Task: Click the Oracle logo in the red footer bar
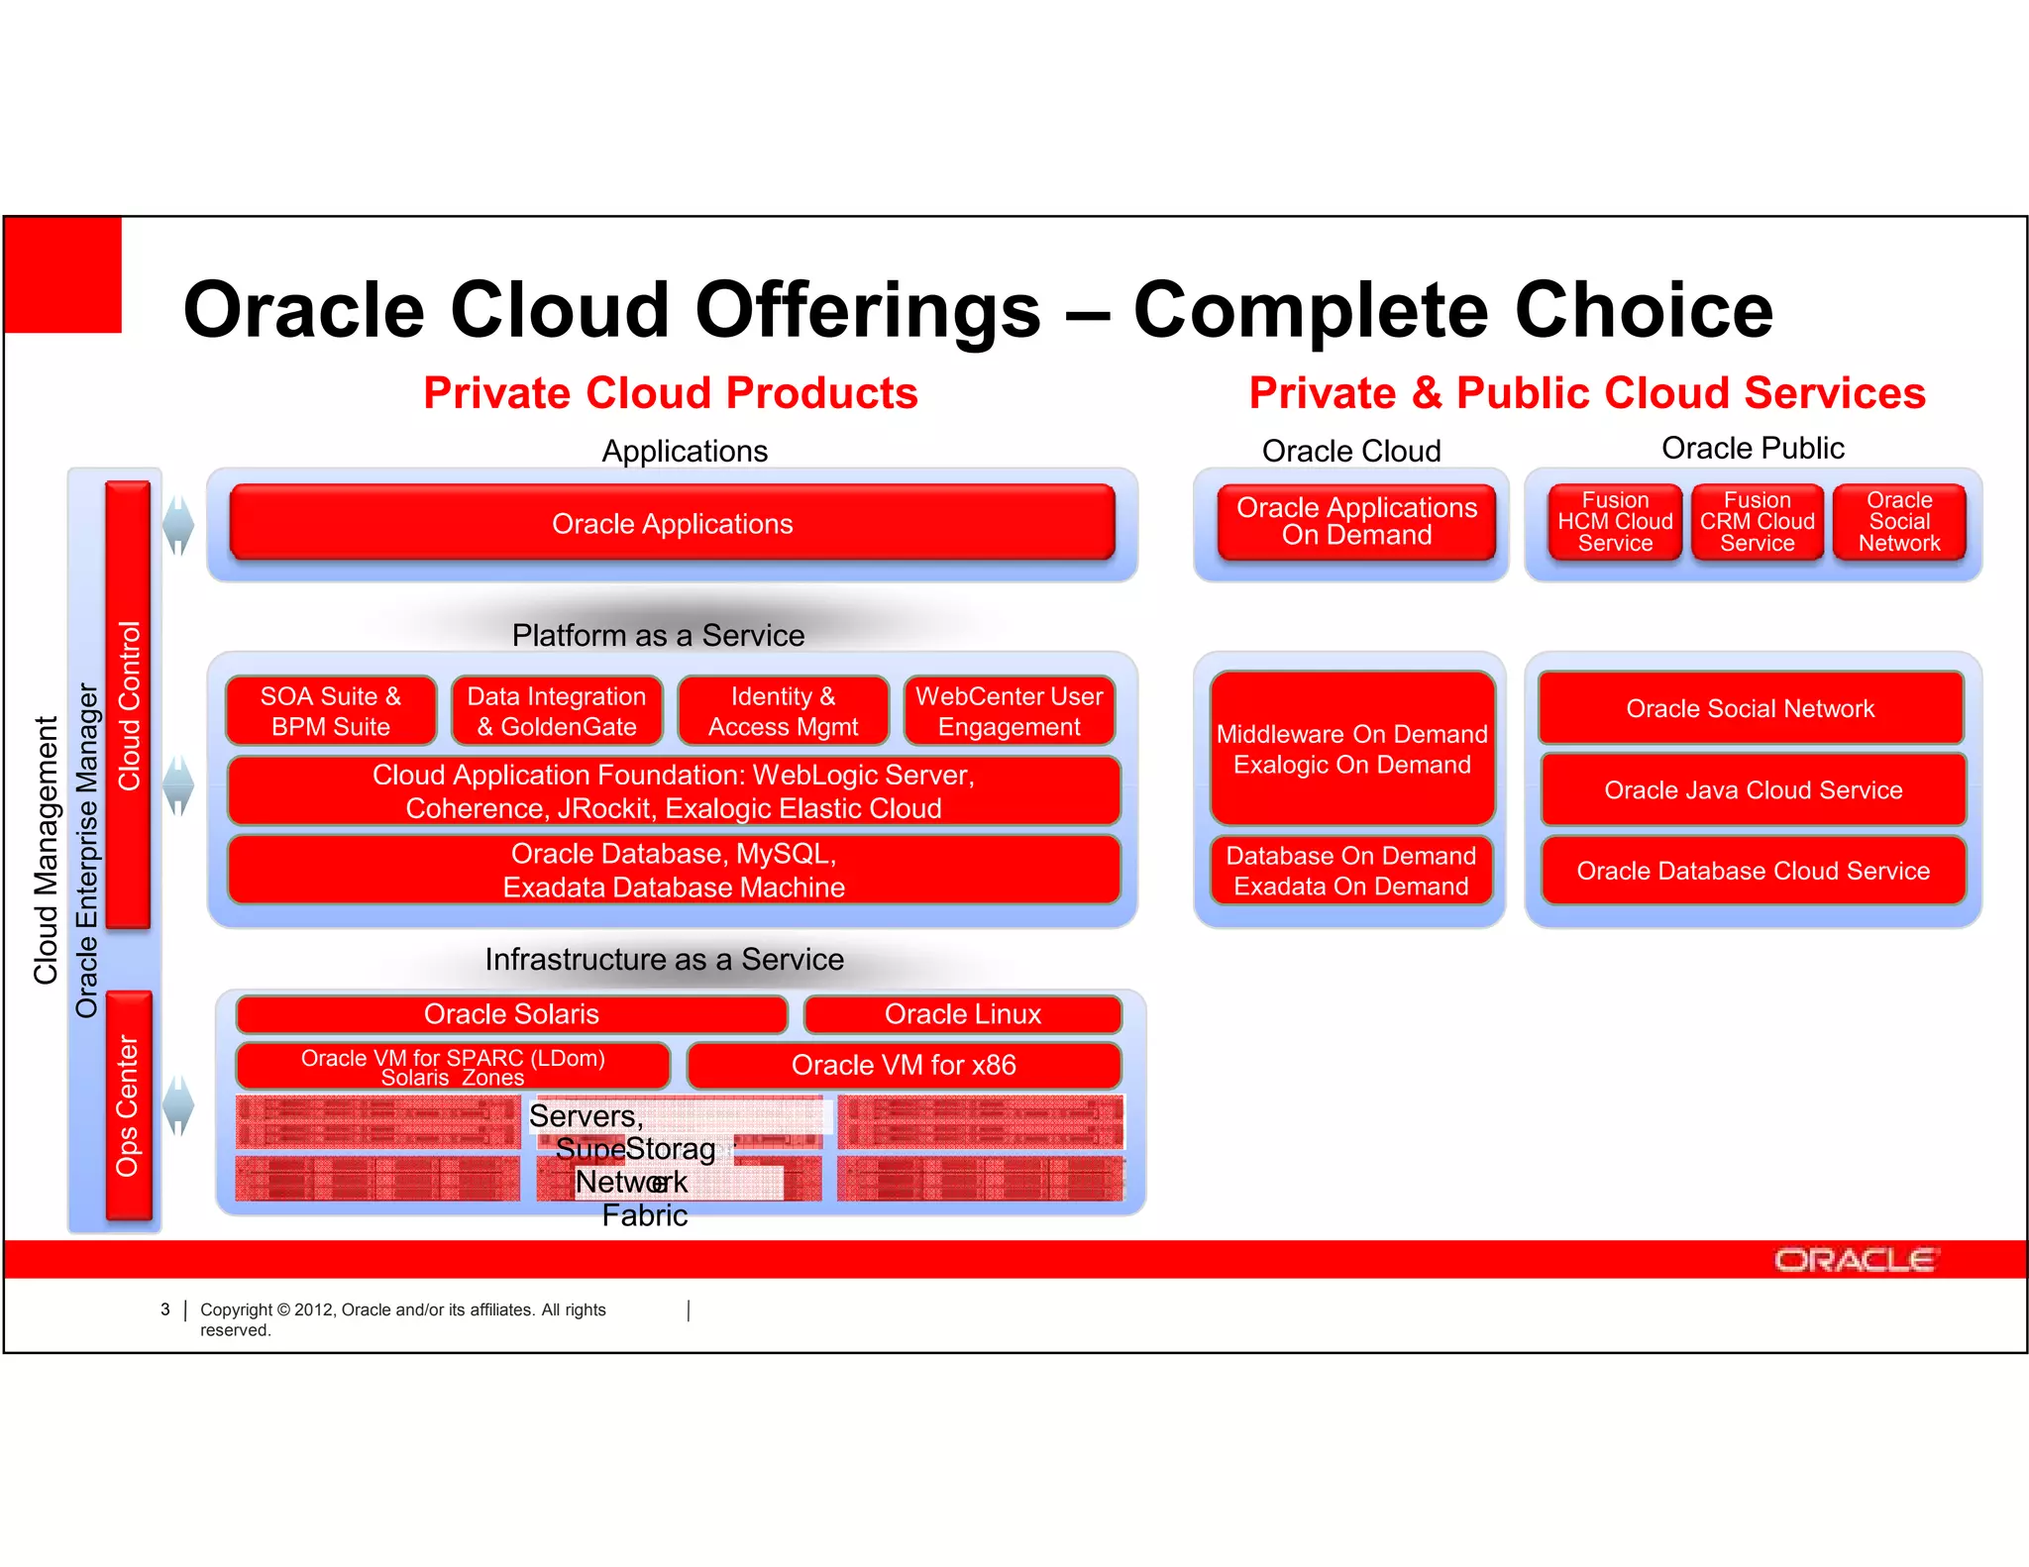coord(1855,1260)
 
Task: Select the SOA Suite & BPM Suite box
coord(330,711)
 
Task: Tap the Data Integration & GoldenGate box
coord(556,711)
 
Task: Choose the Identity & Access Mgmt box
coord(783,711)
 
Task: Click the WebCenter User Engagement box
coord(1009,711)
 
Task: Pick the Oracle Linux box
coord(962,1014)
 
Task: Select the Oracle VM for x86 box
coord(904,1066)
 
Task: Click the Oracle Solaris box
coord(511,1014)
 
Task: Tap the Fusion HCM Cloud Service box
coord(1615,522)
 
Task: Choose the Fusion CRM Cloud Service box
coord(1757,522)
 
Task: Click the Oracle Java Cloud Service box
coord(1753,789)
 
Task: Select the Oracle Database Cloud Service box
coord(1753,871)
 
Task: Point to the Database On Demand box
coord(1350,871)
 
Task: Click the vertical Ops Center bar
coord(129,1104)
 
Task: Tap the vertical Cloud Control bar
coord(128,705)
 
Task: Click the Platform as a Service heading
coord(658,635)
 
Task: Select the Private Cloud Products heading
coord(670,393)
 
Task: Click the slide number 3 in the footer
coord(165,1309)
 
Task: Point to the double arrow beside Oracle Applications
coord(178,524)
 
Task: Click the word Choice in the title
coord(1644,310)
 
